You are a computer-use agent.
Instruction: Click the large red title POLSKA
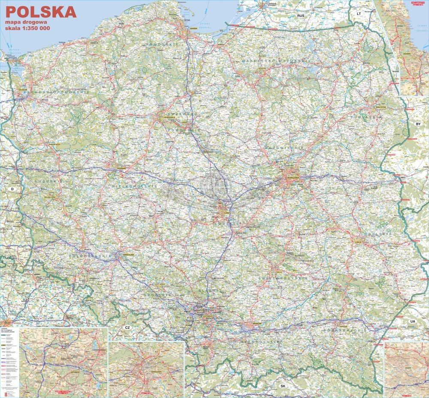(x=41, y=12)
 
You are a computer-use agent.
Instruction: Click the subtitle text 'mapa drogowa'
(x=26, y=22)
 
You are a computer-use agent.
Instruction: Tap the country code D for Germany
(x=12, y=189)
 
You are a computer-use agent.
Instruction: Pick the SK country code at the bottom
(x=282, y=386)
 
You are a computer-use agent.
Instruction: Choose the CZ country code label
(x=127, y=328)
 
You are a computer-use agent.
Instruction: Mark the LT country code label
(x=360, y=14)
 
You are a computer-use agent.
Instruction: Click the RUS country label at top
(x=301, y=15)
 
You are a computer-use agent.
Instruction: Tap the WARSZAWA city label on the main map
(x=293, y=177)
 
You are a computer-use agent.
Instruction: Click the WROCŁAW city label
(x=128, y=255)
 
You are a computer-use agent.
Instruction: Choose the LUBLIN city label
(x=358, y=241)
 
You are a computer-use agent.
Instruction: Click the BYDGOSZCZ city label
(x=168, y=117)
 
